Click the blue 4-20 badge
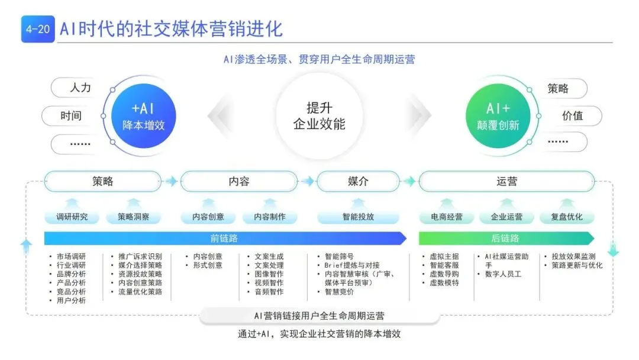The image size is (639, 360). pyautogui.click(x=37, y=30)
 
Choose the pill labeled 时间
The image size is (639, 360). pyautogui.click(x=70, y=116)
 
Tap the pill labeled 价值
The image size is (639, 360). pyautogui.click(x=572, y=116)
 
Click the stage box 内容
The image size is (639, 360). pyautogui.click(x=239, y=182)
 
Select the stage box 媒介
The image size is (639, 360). pyautogui.click(x=358, y=182)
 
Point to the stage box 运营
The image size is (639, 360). pyautogui.click(x=506, y=182)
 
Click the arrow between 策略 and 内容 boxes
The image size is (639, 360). pyautogui.click(x=170, y=182)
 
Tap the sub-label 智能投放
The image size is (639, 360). pyautogui.click(x=358, y=217)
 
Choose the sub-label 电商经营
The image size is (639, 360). pyautogui.click(x=447, y=217)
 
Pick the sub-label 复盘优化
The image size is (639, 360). pyautogui.click(x=566, y=217)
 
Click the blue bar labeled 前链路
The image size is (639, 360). pyautogui.click(x=224, y=238)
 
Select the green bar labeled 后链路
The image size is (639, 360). pyautogui.click(x=506, y=238)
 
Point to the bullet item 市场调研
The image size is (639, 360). pyautogui.click(x=71, y=256)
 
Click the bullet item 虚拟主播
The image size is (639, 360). pyautogui.click(x=444, y=256)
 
